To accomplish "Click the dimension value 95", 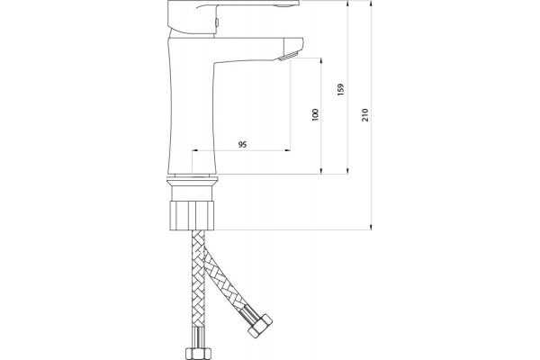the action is [242, 144].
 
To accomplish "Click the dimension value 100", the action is [315, 114].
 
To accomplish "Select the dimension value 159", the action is [340, 90].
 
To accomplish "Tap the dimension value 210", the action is [365, 114].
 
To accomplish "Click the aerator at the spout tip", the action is [288, 56].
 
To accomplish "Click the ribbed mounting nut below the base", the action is [193, 216].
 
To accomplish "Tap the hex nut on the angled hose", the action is [260, 326].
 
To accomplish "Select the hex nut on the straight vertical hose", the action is [198, 354].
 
